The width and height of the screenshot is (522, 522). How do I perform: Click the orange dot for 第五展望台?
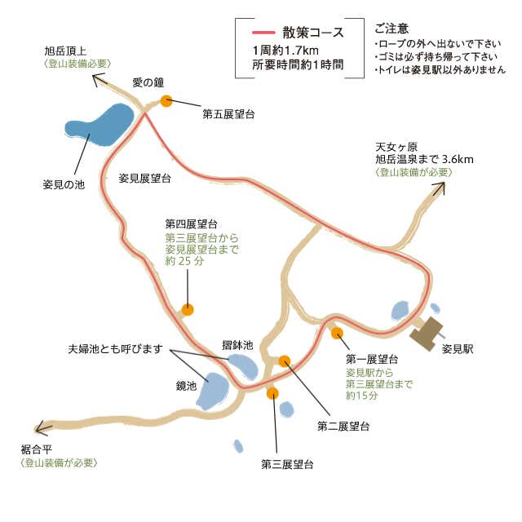(166, 101)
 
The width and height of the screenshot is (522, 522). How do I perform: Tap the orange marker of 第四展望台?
(188, 310)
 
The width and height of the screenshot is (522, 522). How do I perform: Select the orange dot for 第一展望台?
(337, 333)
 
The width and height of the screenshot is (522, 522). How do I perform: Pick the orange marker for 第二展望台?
(285, 361)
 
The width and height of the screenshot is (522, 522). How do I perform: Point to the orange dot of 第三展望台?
(272, 393)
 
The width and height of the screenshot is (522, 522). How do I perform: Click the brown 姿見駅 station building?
(427, 334)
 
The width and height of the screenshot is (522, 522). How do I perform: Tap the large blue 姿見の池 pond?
(100, 126)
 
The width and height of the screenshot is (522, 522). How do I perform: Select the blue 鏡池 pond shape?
(212, 391)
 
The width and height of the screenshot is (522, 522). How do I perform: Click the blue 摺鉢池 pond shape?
(243, 367)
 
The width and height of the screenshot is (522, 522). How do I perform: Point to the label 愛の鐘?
(148, 82)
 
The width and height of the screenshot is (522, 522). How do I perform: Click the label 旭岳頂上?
(65, 51)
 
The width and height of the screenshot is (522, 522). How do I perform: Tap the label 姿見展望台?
(145, 179)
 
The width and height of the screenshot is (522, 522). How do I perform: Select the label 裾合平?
(37, 449)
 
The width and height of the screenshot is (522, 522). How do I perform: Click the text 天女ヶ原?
(396, 147)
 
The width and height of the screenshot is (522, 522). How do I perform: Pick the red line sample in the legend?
(263, 33)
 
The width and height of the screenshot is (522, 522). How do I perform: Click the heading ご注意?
(391, 29)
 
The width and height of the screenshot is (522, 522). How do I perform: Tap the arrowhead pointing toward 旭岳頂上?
(99, 80)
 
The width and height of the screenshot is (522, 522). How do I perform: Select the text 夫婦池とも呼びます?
(115, 349)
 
